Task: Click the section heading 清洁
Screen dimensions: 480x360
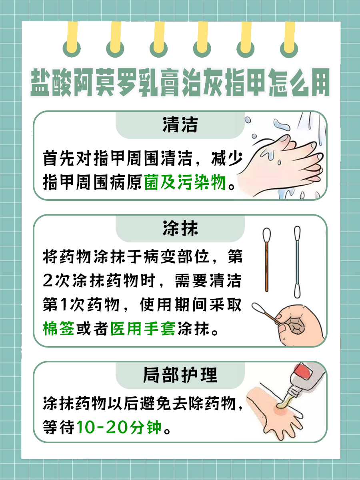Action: [x=180, y=125]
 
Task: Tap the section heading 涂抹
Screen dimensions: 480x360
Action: [x=180, y=229]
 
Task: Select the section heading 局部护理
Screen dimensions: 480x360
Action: [x=180, y=376]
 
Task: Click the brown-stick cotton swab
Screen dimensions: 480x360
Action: [x=266, y=260]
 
